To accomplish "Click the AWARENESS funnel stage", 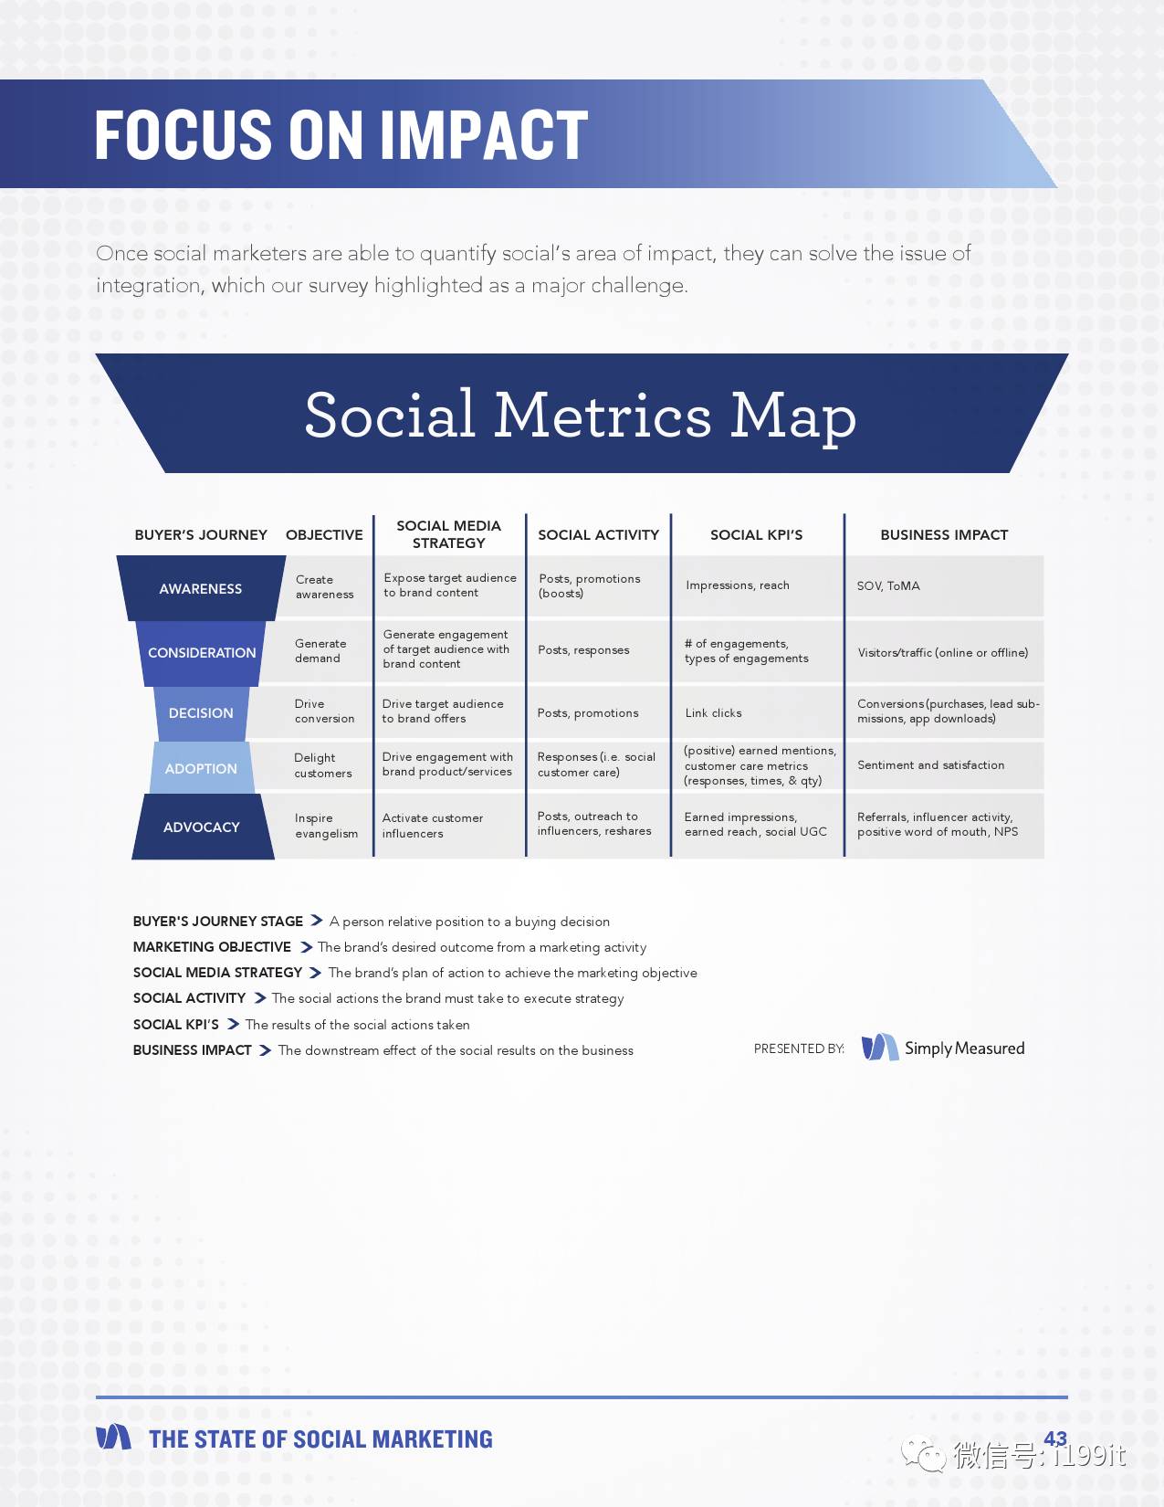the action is [x=201, y=588].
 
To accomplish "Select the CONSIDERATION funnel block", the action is [x=201, y=653].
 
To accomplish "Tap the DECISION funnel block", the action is [x=201, y=713].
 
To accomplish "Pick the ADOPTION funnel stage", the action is [x=201, y=768].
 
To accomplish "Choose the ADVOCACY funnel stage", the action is [x=203, y=827].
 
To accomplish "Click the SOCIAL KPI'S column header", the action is [x=756, y=534].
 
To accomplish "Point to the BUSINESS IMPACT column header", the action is [x=944, y=534].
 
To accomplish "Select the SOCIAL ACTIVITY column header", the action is [x=598, y=534].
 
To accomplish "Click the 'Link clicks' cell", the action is [x=713, y=713].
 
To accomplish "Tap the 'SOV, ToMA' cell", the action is [x=888, y=586].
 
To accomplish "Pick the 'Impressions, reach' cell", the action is [x=738, y=585].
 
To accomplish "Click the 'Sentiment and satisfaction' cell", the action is [x=930, y=765].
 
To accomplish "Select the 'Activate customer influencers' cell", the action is [x=433, y=826].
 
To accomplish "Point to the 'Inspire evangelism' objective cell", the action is [x=327, y=826].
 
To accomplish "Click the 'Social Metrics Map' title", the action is [x=581, y=416].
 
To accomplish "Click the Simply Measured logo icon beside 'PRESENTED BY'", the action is [x=880, y=1048].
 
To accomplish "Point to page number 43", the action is [x=1055, y=1438].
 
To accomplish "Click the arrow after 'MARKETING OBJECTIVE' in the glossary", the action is [x=306, y=947].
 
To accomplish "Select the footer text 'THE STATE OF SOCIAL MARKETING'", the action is [x=321, y=1439].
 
